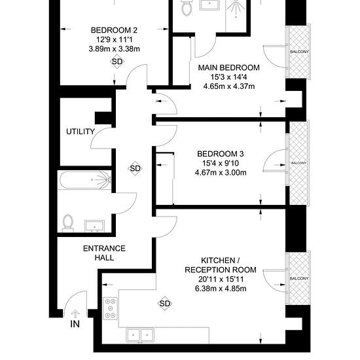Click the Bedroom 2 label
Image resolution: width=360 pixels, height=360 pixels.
(114, 30)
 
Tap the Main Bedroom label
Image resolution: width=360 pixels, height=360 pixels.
(229, 67)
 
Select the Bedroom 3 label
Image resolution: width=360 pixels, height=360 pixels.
(221, 154)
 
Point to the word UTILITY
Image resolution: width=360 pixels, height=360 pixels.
(81, 132)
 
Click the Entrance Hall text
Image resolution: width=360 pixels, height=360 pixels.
(104, 253)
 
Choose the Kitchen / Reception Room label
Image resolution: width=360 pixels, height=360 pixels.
(221, 265)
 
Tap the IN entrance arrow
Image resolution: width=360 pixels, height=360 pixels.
(75, 313)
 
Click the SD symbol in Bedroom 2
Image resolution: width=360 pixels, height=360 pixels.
(117, 62)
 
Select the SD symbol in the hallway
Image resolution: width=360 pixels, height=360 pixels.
(135, 168)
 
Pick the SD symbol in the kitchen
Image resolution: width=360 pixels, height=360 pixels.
(164, 304)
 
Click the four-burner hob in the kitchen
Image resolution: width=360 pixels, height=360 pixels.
(110, 308)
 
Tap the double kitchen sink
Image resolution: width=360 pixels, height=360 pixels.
(140, 334)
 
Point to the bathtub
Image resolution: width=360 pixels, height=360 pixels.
(84, 180)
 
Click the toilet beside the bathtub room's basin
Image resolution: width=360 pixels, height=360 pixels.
(67, 223)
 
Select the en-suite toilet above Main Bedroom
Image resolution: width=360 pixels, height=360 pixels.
(186, 7)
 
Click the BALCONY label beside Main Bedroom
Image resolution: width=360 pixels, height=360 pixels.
(299, 52)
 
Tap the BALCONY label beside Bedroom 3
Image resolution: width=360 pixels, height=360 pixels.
(298, 163)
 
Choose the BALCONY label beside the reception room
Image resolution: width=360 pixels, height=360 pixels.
(299, 278)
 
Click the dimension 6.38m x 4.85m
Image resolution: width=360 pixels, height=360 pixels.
(221, 289)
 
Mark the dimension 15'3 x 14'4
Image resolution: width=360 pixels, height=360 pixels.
(229, 77)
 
